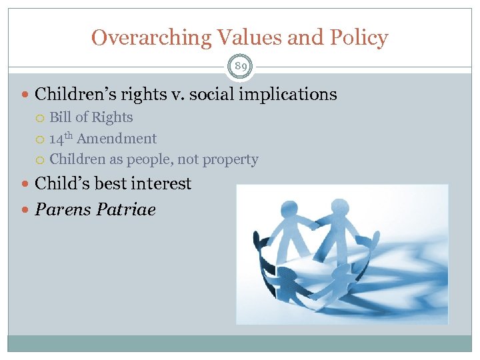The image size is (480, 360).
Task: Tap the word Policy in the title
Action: (358, 38)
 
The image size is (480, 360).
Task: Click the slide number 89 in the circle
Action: (240, 66)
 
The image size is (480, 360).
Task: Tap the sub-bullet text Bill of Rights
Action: (91, 117)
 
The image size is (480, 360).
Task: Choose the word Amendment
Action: (117, 139)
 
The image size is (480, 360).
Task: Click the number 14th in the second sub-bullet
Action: (61, 139)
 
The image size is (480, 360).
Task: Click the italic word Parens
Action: (63, 210)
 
